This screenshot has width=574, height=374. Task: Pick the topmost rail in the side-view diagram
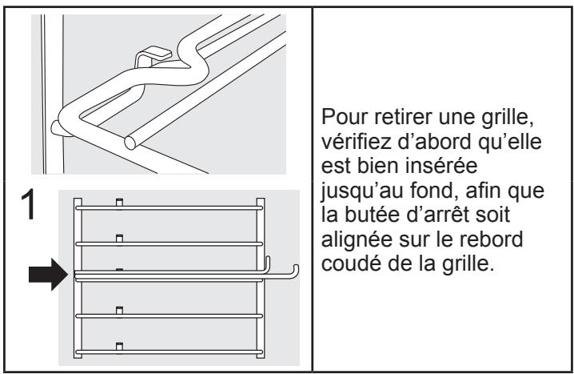pyautogui.click(x=168, y=207)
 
